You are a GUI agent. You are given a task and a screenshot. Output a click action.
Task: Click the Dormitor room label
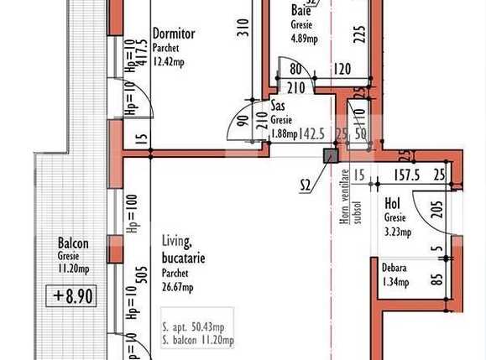174,34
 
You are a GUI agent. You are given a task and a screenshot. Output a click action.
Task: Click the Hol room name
392,204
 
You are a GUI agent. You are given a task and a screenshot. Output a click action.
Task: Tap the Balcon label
73,244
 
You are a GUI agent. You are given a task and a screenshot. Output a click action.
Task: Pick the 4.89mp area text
303,38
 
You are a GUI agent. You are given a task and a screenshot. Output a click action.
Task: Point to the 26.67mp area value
177,287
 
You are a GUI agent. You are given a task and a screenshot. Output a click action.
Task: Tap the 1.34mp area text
395,282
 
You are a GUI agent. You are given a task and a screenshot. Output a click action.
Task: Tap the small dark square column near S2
330,154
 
